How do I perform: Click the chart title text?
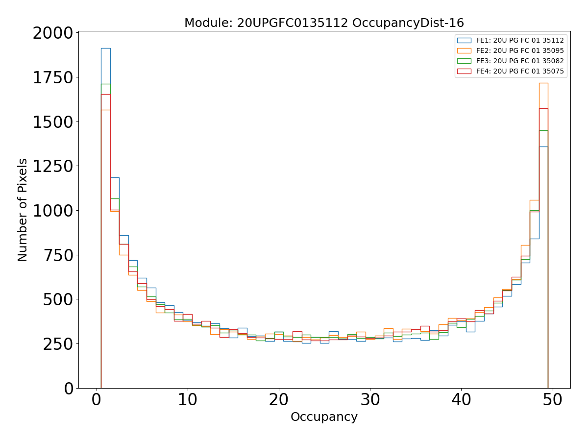(324, 23)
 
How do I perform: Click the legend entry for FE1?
(520, 41)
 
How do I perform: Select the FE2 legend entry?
(520, 51)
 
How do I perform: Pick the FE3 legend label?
(520, 61)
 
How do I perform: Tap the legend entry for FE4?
(520, 72)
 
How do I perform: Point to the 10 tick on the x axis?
(188, 400)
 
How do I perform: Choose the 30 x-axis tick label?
(370, 400)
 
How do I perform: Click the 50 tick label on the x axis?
(553, 400)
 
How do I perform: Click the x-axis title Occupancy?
(324, 417)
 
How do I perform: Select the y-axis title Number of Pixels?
(23, 210)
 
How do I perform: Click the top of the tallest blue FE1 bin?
(105, 48)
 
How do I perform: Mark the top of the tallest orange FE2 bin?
(543, 83)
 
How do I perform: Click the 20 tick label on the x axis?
(279, 400)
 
